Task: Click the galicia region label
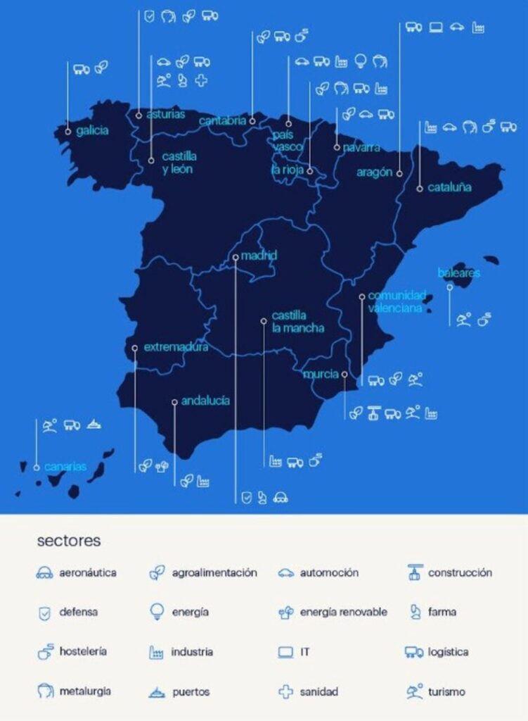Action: click(x=92, y=131)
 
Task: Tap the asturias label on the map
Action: click(x=166, y=114)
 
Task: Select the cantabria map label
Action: click(x=222, y=121)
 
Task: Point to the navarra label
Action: click(x=361, y=148)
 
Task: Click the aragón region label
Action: click(x=374, y=173)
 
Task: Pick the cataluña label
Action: click(x=449, y=188)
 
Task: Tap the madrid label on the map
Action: click(x=259, y=256)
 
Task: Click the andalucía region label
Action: click(x=205, y=401)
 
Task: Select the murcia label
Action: click(x=321, y=374)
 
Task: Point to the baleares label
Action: click(x=458, y=272)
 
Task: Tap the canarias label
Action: click(x=65, y=466)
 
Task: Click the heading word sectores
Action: click(x=69, y=541)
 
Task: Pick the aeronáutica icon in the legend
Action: click(x=44, y=573)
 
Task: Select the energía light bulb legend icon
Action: click(x=157, y=612)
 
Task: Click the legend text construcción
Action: click(x=460, y=573)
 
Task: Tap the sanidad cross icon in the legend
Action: click(x=285, y=692)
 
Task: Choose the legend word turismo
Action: click(x=446, y=692)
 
